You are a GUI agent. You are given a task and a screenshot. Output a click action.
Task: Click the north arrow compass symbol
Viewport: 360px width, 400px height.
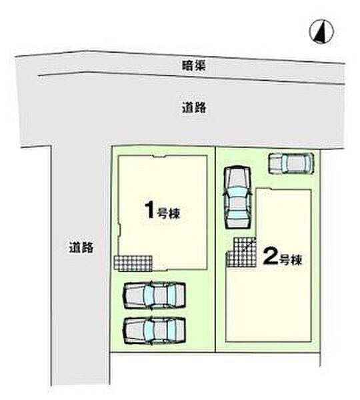321,31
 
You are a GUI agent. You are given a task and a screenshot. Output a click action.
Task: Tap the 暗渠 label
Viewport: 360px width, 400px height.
194,66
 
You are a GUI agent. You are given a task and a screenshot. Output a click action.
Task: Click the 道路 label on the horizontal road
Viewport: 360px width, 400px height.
194,107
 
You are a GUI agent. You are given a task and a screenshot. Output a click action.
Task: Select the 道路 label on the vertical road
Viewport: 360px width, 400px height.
81,247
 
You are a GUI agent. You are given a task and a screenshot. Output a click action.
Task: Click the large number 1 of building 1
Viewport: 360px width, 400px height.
149,209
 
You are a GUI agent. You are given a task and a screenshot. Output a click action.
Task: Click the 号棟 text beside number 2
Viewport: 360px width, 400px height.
291,260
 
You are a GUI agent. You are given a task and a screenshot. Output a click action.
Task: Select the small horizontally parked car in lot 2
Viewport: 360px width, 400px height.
291,163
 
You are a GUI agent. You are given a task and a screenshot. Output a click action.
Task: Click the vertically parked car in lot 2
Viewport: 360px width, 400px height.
237,197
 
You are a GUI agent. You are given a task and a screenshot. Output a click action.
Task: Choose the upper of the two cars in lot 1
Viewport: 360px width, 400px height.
154,295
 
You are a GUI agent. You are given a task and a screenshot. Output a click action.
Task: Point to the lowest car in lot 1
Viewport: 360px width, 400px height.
154,331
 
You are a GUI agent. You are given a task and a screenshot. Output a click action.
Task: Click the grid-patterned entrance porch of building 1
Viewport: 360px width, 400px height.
133,263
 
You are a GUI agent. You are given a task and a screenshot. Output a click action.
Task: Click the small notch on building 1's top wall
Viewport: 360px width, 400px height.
159,157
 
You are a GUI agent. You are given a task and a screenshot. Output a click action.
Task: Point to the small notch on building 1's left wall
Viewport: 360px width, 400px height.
119,229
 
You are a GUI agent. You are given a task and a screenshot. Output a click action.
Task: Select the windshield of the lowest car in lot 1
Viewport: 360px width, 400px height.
149,331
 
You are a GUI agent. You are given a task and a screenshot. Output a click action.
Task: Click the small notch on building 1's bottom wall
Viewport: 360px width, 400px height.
160,269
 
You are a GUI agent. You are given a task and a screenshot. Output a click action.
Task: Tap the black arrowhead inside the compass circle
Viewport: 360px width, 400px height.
321,32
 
